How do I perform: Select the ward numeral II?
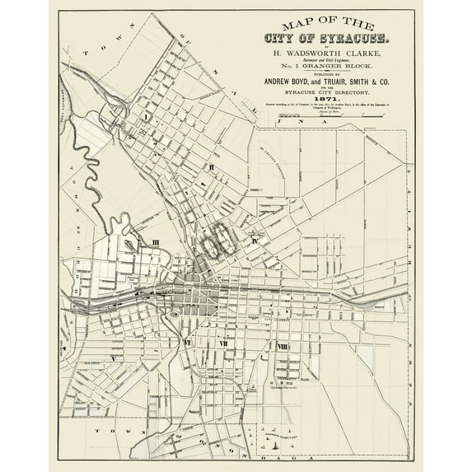pos(212,167)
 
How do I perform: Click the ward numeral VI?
pos(188,340)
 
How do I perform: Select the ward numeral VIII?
pos(283,346)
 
